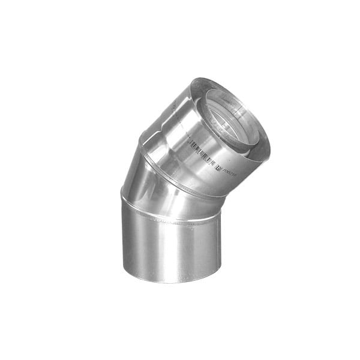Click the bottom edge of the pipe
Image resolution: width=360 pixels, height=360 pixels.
[171, 282]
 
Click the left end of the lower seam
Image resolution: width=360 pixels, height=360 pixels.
[122, 193]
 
